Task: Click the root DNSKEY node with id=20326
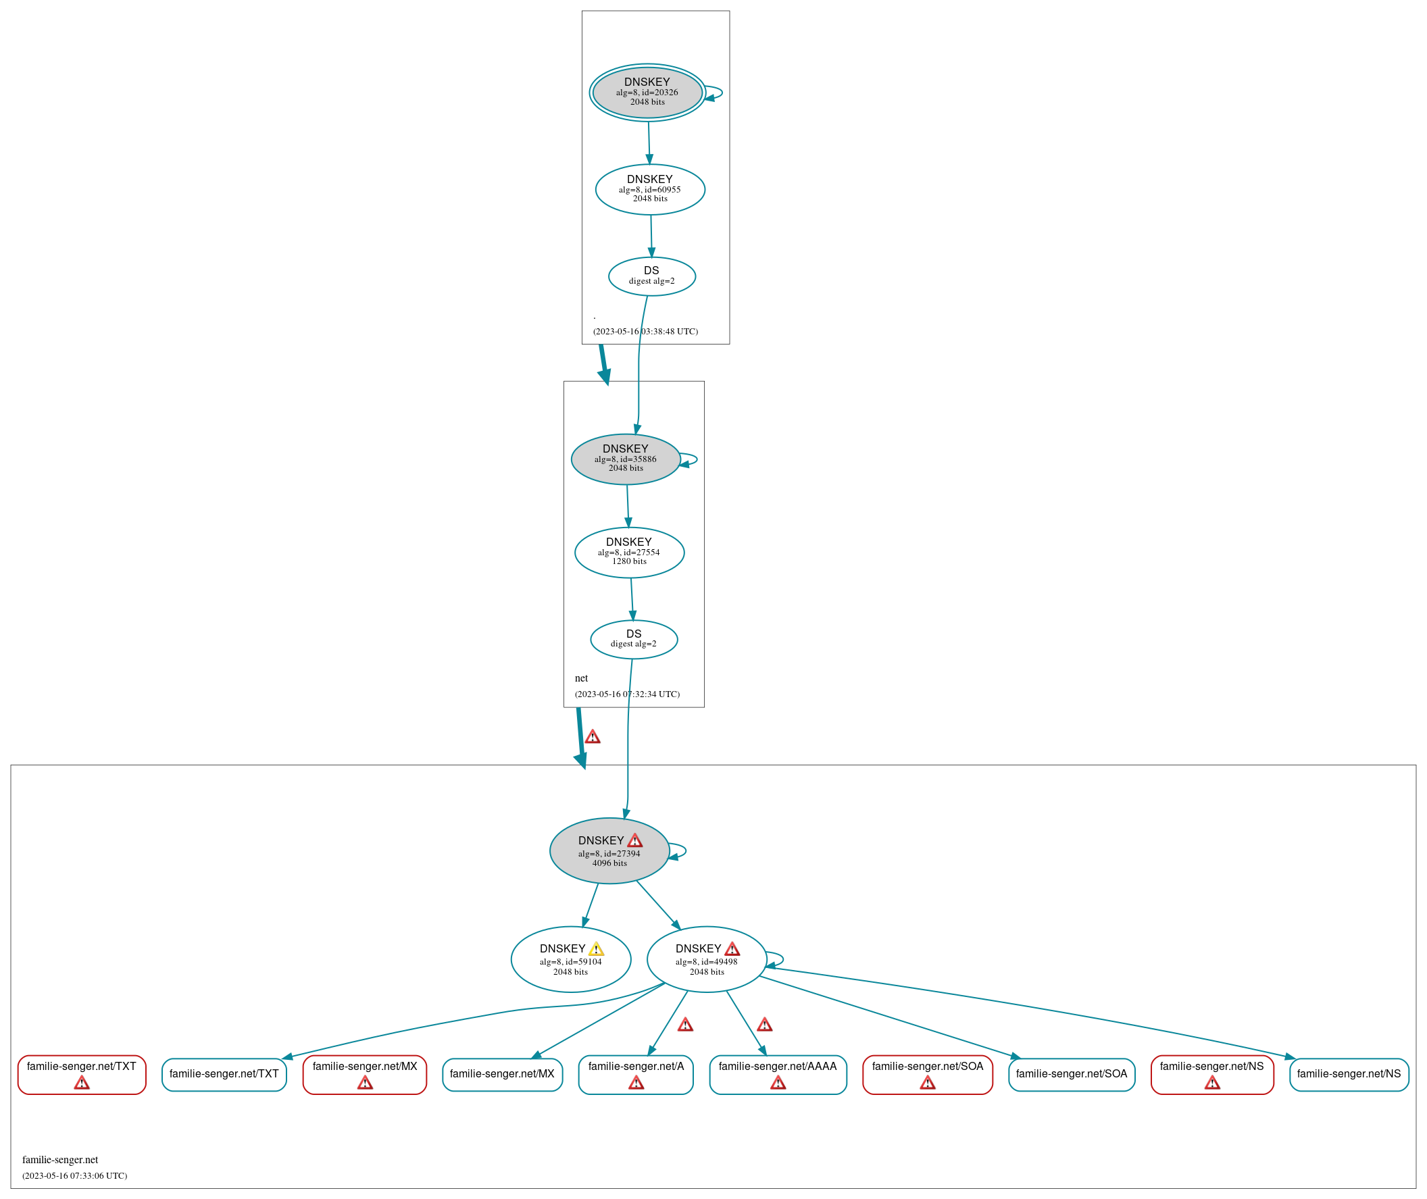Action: [647, 93]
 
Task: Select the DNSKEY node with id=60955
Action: [649, 190]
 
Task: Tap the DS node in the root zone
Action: [651, 276]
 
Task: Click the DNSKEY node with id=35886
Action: [625, 459]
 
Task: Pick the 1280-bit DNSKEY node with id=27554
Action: [629, 552]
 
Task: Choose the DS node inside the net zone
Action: [633, 639]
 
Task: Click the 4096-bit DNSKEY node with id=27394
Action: [609, 850]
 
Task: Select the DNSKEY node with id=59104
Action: [570, 959]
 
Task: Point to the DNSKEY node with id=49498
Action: [705, 959]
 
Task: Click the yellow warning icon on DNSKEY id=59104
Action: [595, 949]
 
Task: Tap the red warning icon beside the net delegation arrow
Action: [592, 737]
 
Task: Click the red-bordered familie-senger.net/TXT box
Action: [82, 1075]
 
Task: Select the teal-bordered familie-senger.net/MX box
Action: [502, 1075]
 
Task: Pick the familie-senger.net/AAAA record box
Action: [777, 1075]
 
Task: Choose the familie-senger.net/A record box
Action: [635, 1075]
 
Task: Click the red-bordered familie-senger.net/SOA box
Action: [926, 1075]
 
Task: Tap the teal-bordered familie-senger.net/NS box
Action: [1348, 1075]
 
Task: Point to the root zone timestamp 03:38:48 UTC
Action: [645, 332]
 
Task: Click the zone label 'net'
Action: [580, 678]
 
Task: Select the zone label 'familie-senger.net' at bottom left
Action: [60, 1160]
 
